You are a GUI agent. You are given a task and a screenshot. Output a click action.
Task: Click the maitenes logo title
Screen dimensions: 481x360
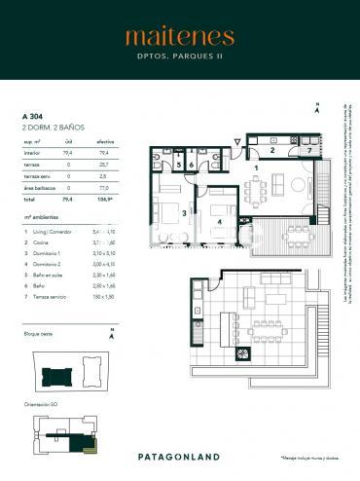(179, 37)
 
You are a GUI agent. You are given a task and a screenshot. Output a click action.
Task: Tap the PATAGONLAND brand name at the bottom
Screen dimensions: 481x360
(179, 456)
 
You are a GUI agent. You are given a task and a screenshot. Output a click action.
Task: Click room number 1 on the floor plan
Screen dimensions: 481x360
(256, 168)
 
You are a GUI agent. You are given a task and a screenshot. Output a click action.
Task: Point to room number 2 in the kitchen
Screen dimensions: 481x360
(273, 152)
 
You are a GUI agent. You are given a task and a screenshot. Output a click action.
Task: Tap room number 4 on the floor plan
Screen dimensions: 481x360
(220, 221)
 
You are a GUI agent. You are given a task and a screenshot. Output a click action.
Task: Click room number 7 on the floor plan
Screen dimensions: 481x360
(308, 152)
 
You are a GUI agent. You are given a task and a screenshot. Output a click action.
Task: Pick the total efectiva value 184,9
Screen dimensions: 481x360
(105, 198)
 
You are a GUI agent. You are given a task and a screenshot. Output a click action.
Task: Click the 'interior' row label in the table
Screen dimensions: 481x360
(30, 152)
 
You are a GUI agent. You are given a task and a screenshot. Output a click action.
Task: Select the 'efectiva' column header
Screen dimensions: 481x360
(104, 141)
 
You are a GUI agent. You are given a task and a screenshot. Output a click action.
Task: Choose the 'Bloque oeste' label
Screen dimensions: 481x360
(38, 334)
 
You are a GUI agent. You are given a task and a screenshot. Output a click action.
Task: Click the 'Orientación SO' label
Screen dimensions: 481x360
(40, 402)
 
